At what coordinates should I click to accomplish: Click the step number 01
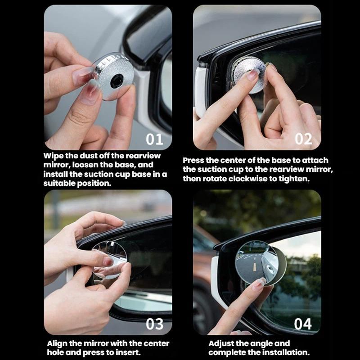[x=154, y=139]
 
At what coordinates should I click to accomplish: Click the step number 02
[x=303, y=139]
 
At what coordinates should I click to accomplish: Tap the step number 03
[x=154, y=324]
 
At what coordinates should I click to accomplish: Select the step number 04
[x=303, y=324]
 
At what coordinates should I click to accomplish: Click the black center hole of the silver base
[x=117, y=81]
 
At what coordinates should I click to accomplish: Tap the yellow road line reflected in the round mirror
[x=254, y=266]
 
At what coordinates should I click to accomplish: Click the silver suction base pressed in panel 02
[x=249, y=75]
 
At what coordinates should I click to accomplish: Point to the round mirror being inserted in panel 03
[x=109, y=260]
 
